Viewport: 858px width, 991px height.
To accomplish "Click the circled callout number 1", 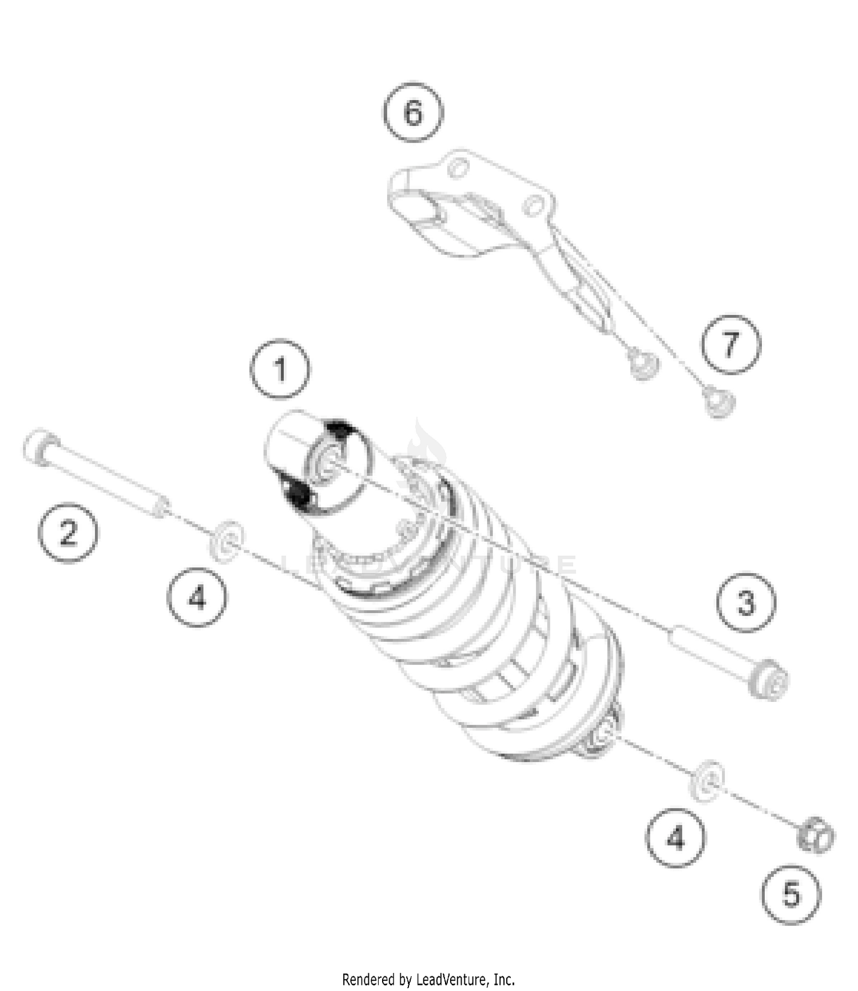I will click(280, 369).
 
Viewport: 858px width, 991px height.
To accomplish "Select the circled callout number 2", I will click(68, 532).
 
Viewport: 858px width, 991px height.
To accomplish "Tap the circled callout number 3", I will click(746, 603).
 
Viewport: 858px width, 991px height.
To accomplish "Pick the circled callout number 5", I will click(791, 894).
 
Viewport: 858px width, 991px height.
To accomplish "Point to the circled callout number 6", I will click(413, 112).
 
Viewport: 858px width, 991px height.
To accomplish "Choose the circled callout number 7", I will click(731, 344).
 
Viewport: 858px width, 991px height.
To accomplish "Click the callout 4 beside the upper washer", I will click(197, 597).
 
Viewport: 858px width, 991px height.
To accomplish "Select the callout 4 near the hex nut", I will click(676, 838).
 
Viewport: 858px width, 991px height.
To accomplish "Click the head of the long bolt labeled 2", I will click(41, 446).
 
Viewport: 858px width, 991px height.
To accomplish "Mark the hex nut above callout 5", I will click(816, 836).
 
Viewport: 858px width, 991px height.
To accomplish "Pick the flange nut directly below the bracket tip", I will click(643, 364).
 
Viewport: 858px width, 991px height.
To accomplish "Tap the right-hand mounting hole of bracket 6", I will click(533, 206).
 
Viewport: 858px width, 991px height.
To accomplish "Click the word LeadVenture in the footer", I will click(451, 980).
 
